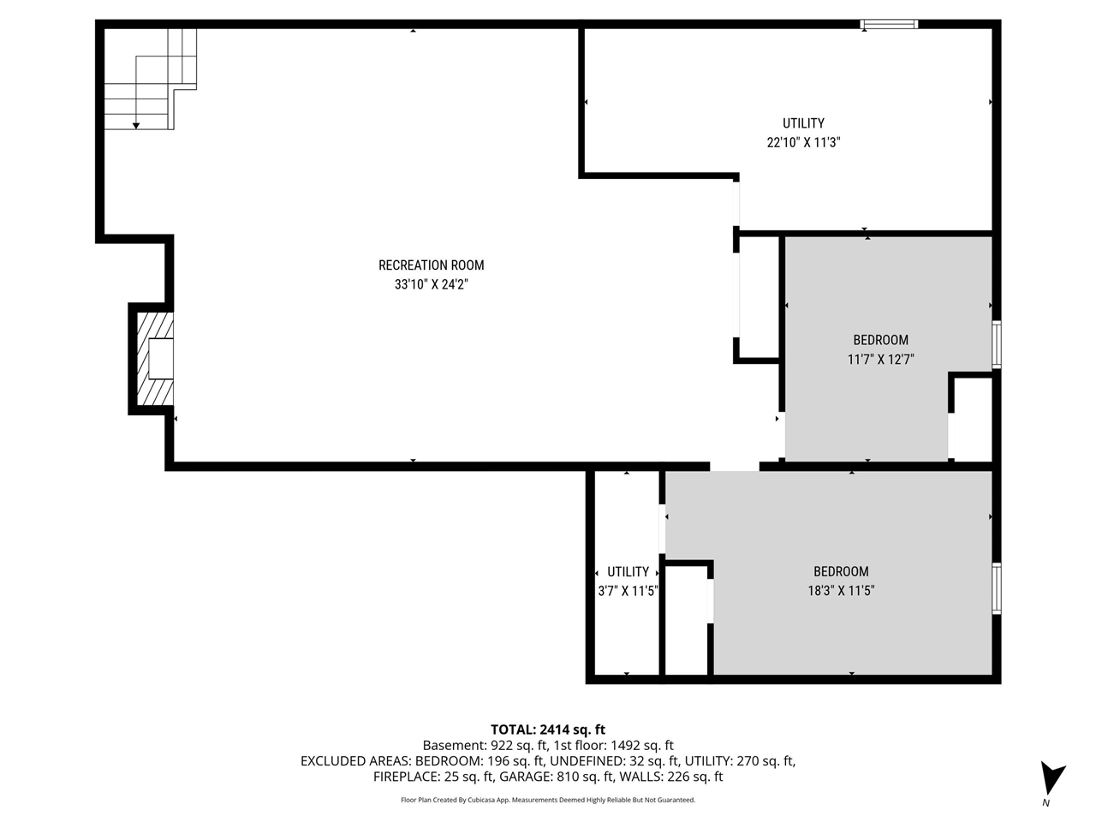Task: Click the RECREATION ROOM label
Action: coord(431,265)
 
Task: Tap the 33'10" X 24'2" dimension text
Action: coord(431,284)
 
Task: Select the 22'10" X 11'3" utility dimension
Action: coord(803,143)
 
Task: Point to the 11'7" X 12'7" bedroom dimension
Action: coord(880,360)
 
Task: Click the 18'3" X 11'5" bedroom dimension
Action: coord(841,590)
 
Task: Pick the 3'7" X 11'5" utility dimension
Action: coord(628,590)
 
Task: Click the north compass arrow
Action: coord(1051,779)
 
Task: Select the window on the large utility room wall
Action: coord(889,24)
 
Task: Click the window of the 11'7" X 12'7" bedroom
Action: coord(996,344)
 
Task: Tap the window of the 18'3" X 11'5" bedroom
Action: coord(996,588)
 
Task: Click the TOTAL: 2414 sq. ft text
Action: coord(548,730)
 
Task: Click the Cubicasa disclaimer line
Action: coord(548,800)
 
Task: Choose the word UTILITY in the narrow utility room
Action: coord(628,572)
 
